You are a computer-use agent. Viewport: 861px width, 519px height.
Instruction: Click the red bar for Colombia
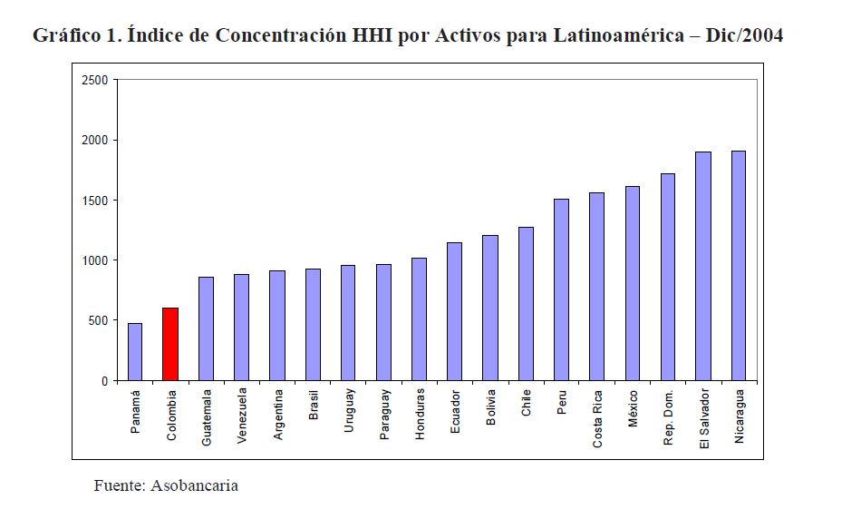pyautogui.click(x=170, y=344)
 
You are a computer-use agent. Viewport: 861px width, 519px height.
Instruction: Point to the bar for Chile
pyautogui.click(x=526, y=303)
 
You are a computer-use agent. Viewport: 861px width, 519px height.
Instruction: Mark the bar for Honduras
pyautogui.click(x=419, y=318)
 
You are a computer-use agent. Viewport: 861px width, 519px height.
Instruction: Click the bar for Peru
pyautogui.click(x=561, y=289)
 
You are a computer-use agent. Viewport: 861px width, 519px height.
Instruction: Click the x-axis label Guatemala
pyautogui.click(x=207, y=416)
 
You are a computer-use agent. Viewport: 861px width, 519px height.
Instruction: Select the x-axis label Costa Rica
pyautogui.click(x=597, y=419)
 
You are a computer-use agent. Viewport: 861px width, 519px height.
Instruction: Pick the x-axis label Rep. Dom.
pyautogui.click(x=668, y=418)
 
